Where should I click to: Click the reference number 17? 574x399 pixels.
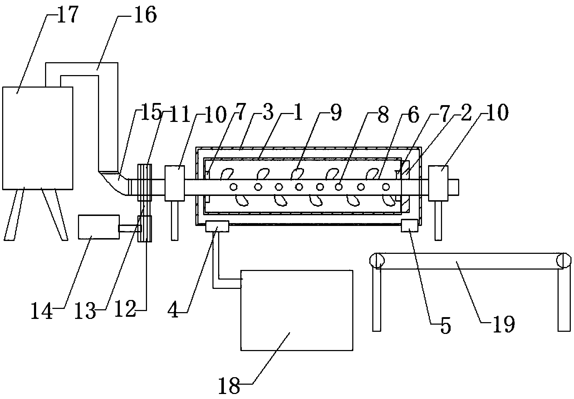pos(67,16)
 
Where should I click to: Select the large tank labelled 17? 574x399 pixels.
pos(38,137)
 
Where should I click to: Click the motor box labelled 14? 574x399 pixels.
pos(99,227)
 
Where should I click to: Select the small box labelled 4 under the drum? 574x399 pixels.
pos(217,226)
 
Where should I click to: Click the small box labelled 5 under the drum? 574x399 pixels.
pos(409,226)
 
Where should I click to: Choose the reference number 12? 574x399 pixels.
pos(125,308)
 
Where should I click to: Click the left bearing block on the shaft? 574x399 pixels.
pos(174,183)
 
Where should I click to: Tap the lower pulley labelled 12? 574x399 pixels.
pos(145,229)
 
